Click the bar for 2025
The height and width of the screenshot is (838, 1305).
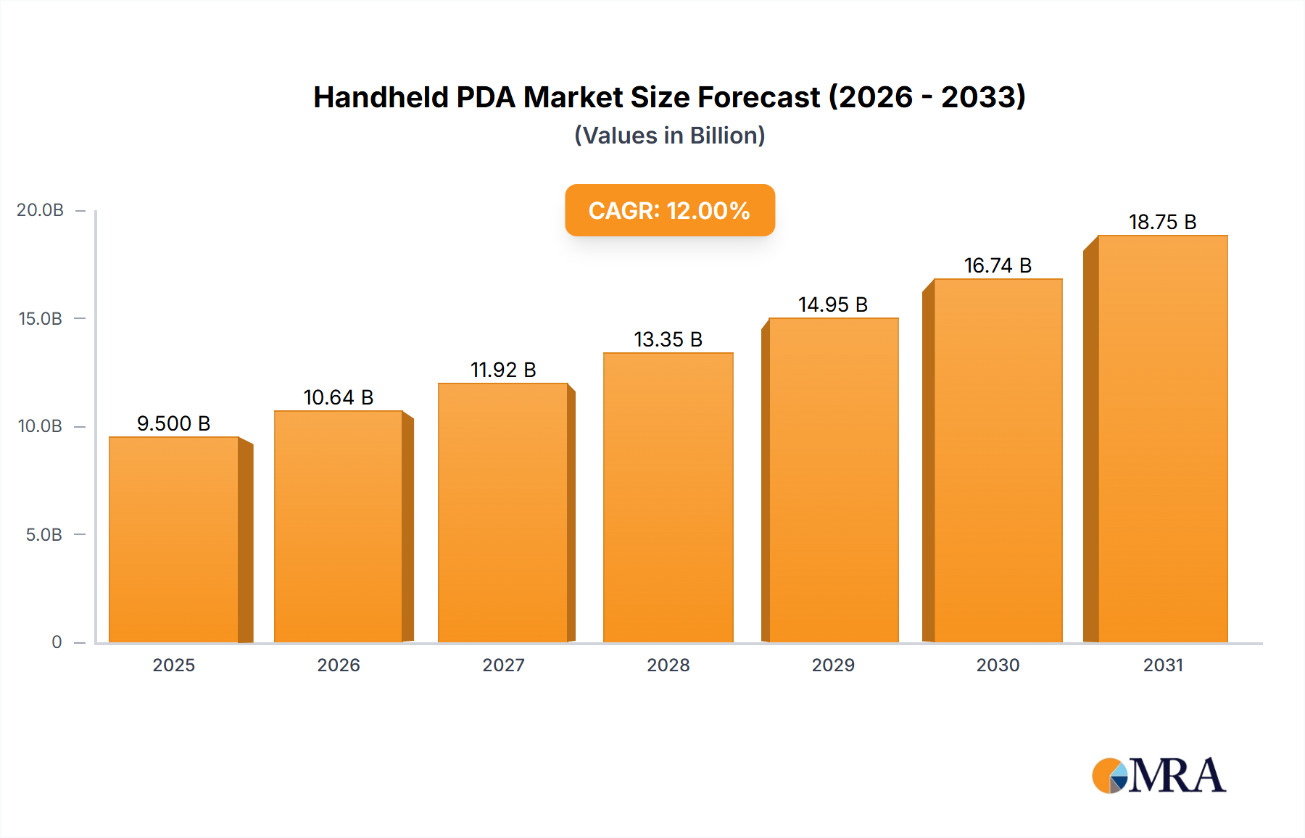174,540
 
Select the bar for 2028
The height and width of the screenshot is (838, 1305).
668,498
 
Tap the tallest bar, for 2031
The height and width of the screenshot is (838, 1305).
1163,439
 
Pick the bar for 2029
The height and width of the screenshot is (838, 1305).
834,481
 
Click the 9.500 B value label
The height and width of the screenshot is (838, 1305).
174,423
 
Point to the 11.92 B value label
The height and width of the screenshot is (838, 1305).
503,370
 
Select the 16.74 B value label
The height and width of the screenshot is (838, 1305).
998,265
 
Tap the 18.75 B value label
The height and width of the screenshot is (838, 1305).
1162,222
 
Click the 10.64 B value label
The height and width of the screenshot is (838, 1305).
339,397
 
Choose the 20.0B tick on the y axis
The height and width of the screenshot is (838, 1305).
41,210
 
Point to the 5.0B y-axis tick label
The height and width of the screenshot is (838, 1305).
44,535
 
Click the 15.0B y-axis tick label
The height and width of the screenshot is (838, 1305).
41,319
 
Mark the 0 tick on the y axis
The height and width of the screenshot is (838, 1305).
57,642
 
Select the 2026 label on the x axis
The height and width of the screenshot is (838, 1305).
339,665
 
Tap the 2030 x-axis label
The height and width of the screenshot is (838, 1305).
998,665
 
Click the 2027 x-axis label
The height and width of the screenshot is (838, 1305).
503,665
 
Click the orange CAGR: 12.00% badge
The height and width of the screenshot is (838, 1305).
669,210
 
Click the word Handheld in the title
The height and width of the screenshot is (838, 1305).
381,97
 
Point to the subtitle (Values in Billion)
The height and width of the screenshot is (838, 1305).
669,136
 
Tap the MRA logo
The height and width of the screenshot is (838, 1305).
1159,776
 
